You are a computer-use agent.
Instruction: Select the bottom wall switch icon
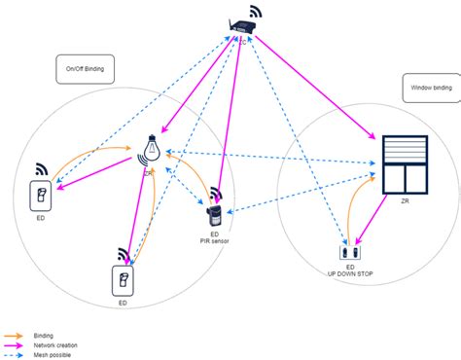click(x=124, y=282)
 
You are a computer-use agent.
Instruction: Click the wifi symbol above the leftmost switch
click(x=44, y=167)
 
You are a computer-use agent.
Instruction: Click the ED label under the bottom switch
click(x=123, y=304)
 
